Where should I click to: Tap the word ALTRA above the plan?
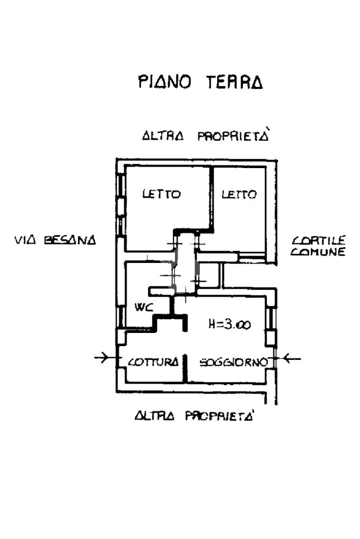coord(163,136)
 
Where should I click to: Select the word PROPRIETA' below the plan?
coord(220,416)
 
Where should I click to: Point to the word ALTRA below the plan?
coord(154,416)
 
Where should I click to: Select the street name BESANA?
coord(70,240)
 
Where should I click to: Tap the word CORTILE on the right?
coord(318,240)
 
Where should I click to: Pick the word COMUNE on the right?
coord(318,252)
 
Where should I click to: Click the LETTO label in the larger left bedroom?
coord(161,194)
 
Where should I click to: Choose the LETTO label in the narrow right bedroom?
coord(239,194)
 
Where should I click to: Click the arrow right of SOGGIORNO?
coord(290,359)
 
